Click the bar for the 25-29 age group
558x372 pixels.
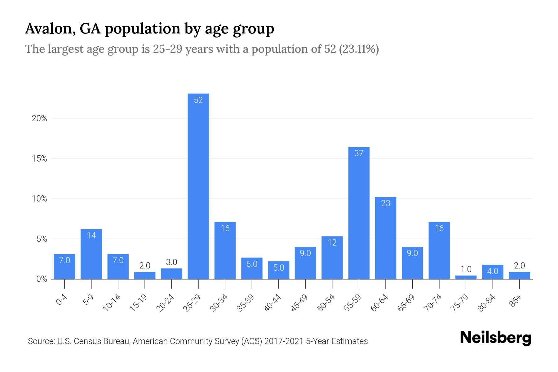click(x=198, y=186)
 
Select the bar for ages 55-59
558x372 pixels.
click(x=359, y=214)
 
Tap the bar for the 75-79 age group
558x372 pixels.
click(x=466, y=277)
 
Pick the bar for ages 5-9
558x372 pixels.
click(x=91, y=254)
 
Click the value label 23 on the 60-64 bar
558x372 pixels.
click(x=385, y=203)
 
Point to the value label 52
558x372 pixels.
click(x=198, y=100)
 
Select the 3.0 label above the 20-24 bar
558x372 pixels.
click(x=171, y=262)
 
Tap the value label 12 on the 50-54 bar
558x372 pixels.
click(x=332, y=242)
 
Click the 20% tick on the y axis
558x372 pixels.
click(x=39, y=118)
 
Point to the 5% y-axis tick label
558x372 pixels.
click(x=42, y=239)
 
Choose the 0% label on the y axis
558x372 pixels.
click(x=42, y=279)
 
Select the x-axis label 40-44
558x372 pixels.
click(x=273, y=303)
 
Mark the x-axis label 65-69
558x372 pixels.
click(x=406, y=303)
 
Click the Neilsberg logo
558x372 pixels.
click(x=495, y=338)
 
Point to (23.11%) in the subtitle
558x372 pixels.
click(x=359, y=49)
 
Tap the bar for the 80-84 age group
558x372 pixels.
click(x=492, y=272)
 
